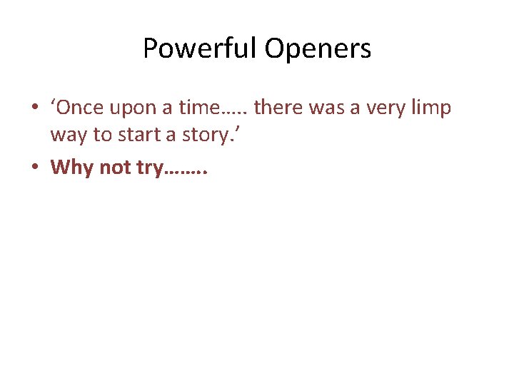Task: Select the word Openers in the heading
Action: [318, 49]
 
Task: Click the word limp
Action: [433, 109]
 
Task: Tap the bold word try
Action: [151, 168]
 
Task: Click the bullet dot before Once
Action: [34, 109]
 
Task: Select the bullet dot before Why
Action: [34, 168]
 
